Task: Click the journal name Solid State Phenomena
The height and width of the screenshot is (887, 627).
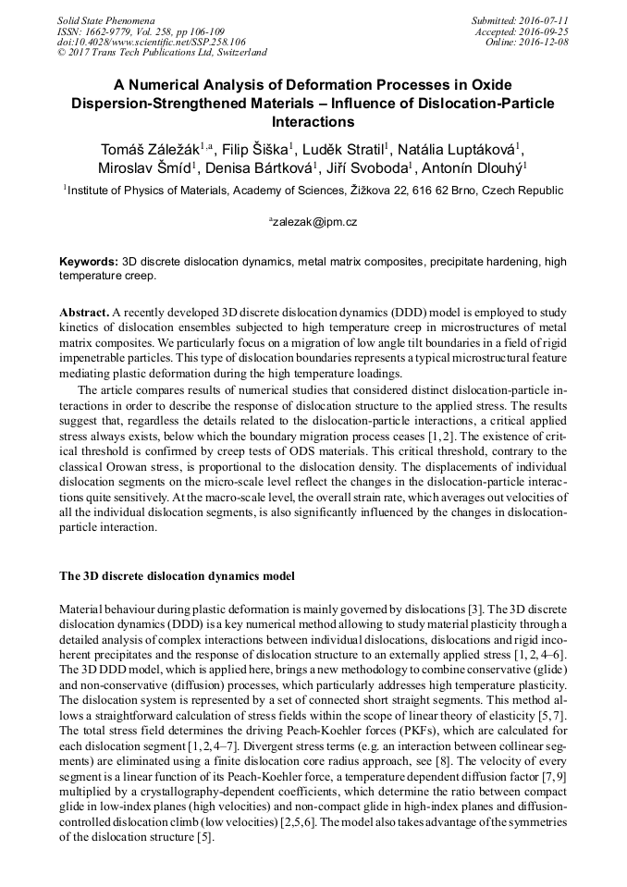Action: pyautogui.click(x=105, y=20)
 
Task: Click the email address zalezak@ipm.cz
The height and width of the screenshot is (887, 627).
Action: pyautogui.click(x=314, y=223)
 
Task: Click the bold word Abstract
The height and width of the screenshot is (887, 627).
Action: pyautogui.click(x=85, y=314)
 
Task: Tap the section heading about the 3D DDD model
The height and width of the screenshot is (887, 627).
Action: pyautogui.click(x=178, y=576)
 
